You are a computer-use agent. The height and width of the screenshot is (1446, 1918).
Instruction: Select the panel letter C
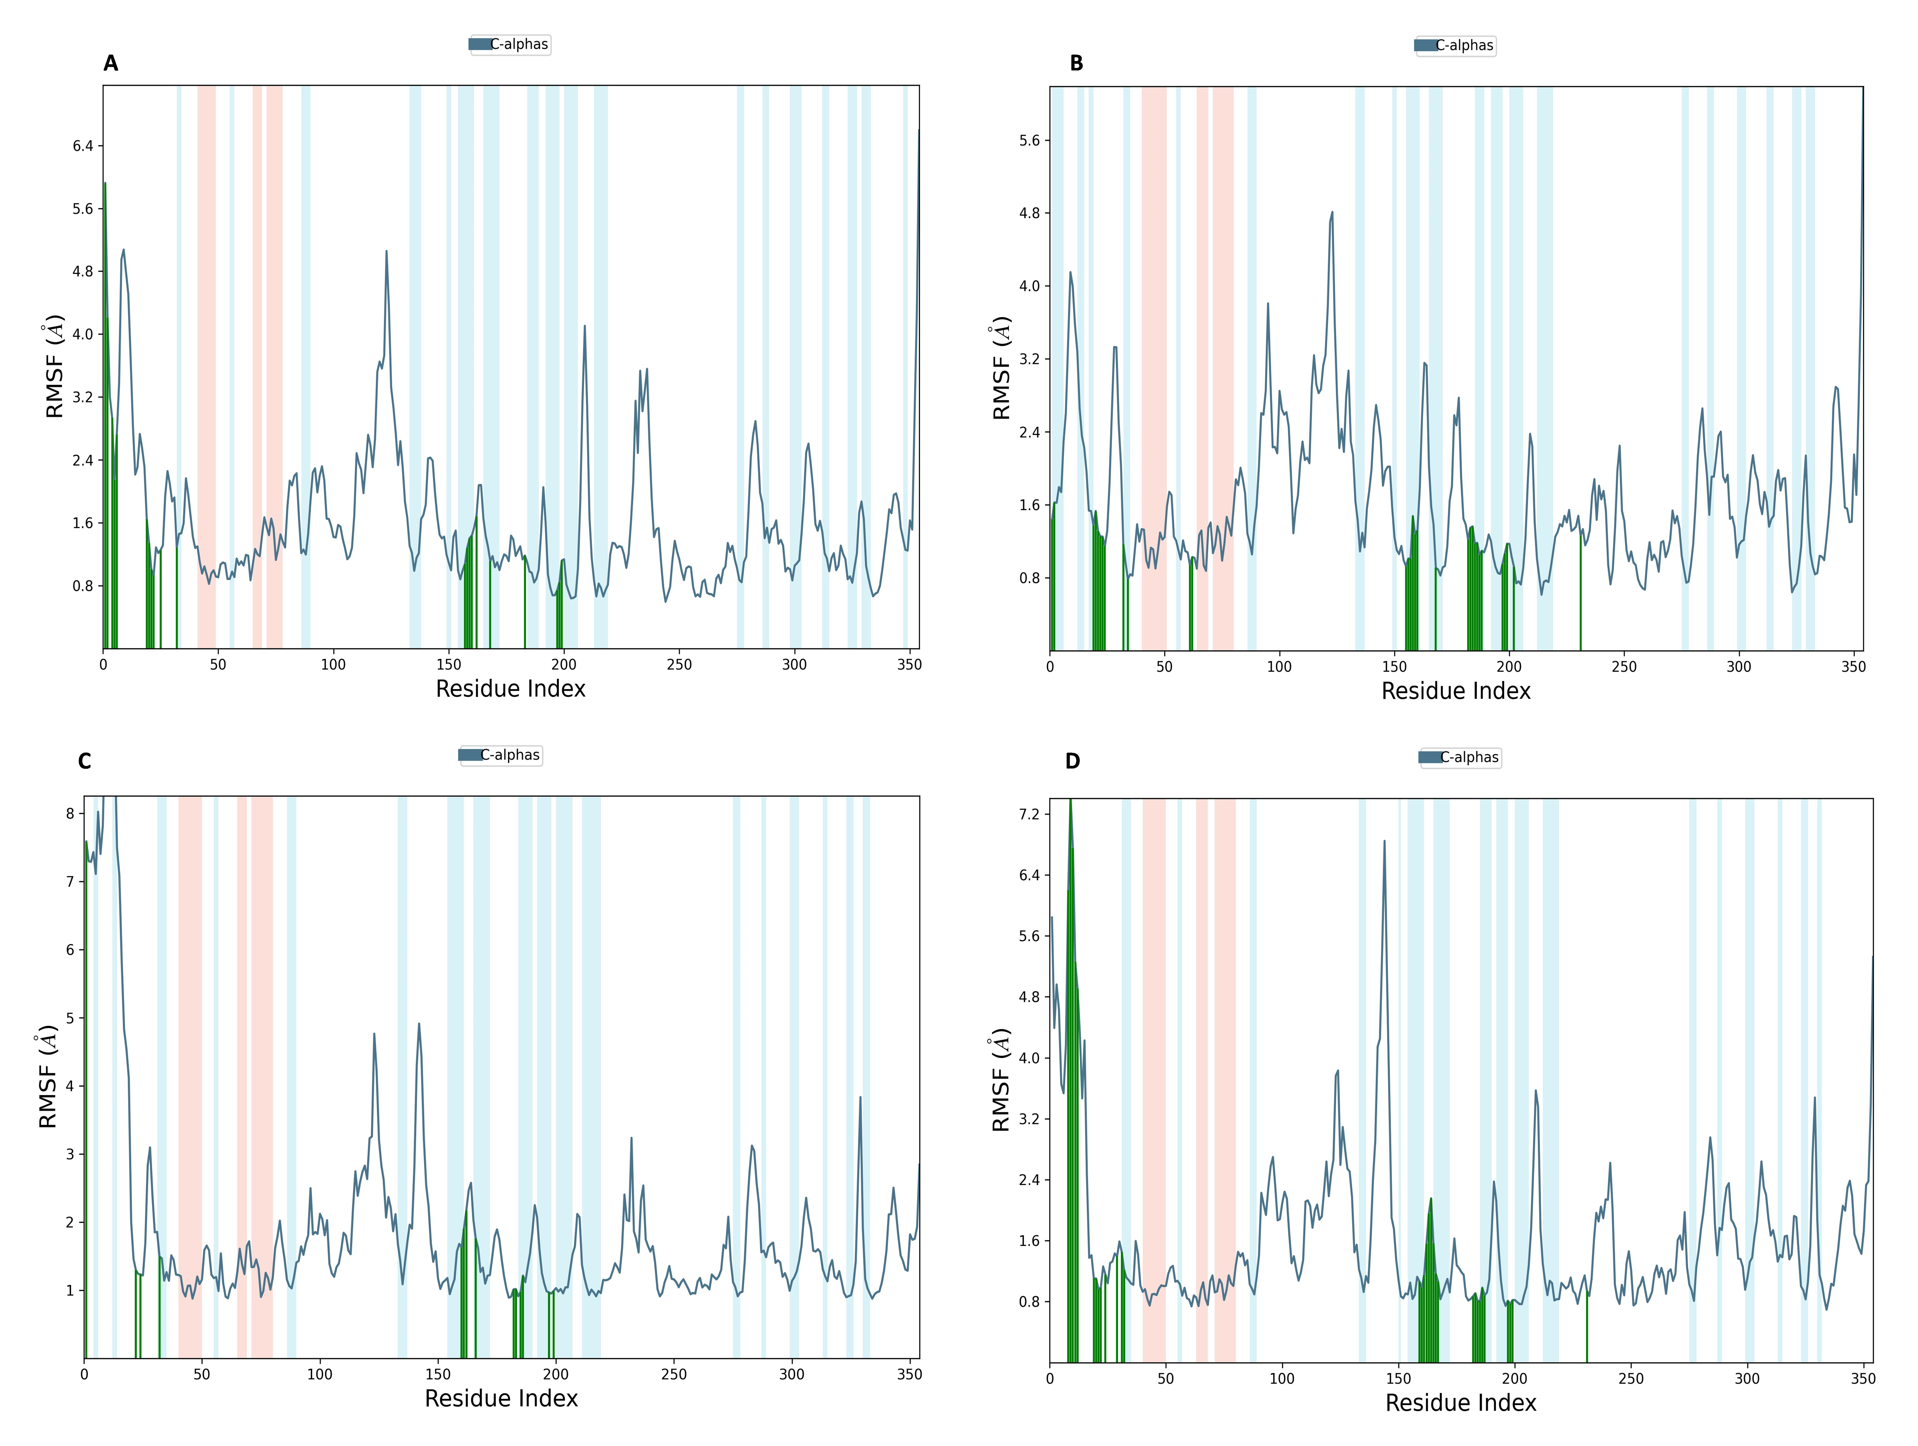pos(84,762)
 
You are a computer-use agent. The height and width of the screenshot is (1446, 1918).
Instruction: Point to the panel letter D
pos(1073,762)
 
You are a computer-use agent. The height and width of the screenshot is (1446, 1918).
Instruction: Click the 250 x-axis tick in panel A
pos(679,664)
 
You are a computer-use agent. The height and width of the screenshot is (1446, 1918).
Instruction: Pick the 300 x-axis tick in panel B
pos(1738,667)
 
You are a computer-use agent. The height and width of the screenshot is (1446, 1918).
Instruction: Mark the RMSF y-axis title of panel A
pos(54,366)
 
